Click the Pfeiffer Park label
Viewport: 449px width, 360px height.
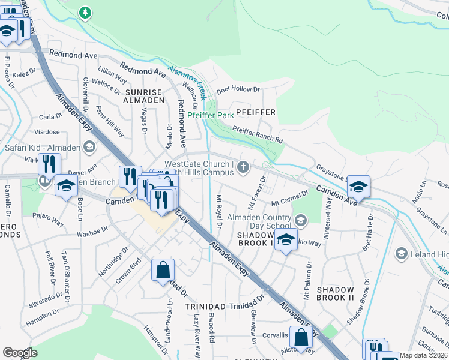click(210, 115)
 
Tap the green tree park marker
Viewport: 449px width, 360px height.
click(86, 12)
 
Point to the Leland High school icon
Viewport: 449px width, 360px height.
click(400, 254)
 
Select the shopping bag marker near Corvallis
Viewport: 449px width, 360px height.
click(301, 338)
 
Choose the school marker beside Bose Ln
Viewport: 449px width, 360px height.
click(66, 186)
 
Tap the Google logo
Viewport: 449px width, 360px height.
click(20, 353)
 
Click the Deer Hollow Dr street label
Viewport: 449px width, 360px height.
click(238, 89)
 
